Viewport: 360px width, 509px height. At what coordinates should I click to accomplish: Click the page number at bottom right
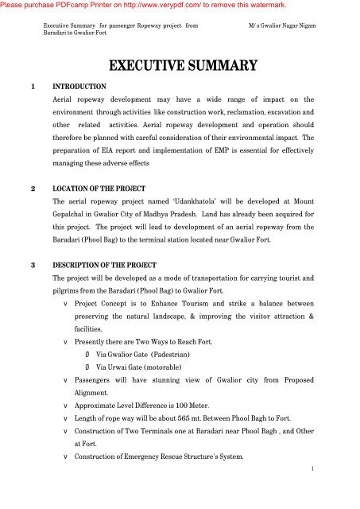tap(315, 469)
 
